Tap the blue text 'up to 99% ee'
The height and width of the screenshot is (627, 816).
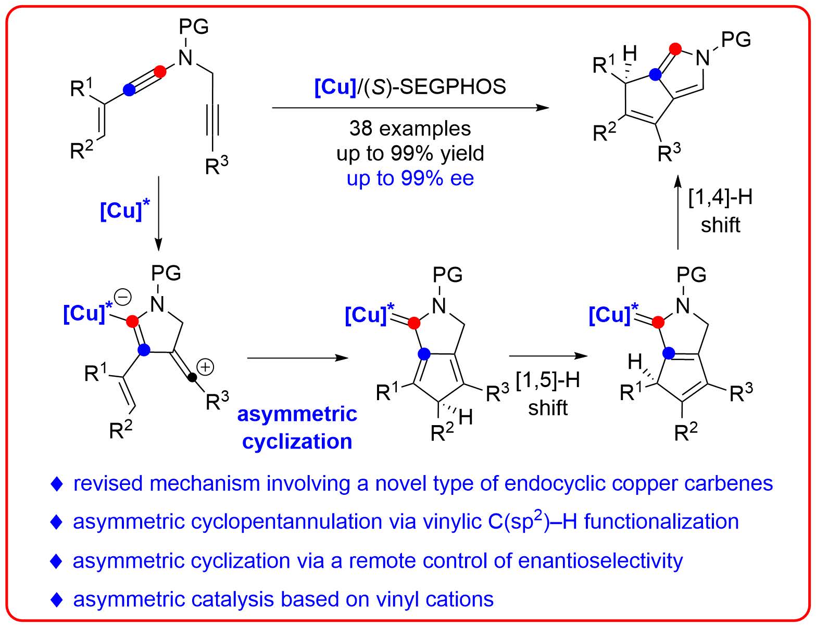click(x=410, y=178)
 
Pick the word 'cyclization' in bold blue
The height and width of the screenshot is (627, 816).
click(x=297, y=441)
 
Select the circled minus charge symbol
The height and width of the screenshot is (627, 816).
click(x=123, y=297)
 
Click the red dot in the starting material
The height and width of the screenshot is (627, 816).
click(x=161, y=71)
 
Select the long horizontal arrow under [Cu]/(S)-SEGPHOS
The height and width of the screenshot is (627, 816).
click(x=410, y=108)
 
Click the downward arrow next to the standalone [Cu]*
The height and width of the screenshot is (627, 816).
click(x=159, y=213)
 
